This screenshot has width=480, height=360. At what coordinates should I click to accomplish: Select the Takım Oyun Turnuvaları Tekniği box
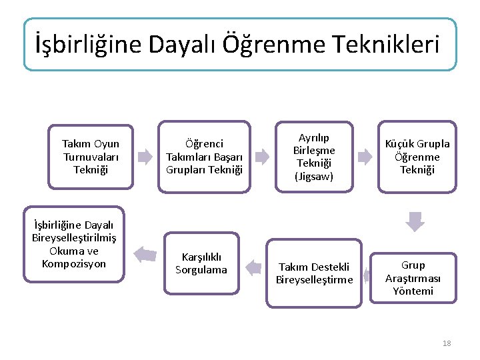91,157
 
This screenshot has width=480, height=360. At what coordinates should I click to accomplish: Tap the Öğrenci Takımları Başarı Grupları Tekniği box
204,157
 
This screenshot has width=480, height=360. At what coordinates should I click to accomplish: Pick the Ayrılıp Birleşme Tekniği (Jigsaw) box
314,157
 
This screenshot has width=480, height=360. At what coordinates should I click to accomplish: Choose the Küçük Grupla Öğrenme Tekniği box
417,157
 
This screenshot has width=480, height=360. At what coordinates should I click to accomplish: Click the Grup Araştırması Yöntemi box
413,278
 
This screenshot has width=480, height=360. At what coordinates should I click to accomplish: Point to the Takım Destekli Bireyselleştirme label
314,273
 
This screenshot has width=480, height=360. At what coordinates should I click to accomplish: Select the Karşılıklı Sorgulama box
201,263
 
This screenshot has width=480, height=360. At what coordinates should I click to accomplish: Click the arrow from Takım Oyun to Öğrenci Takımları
145,157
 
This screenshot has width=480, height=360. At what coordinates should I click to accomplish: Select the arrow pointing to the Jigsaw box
263,157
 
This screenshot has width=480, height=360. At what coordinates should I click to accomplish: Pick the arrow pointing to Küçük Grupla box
365,157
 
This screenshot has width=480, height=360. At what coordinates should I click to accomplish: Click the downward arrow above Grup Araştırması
415,221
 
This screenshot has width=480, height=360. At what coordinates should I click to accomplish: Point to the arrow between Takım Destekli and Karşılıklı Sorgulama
253,268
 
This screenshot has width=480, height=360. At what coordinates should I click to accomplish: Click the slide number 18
446,343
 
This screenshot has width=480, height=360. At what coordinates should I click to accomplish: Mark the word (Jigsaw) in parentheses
314,177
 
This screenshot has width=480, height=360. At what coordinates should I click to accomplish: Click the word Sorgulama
201,270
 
